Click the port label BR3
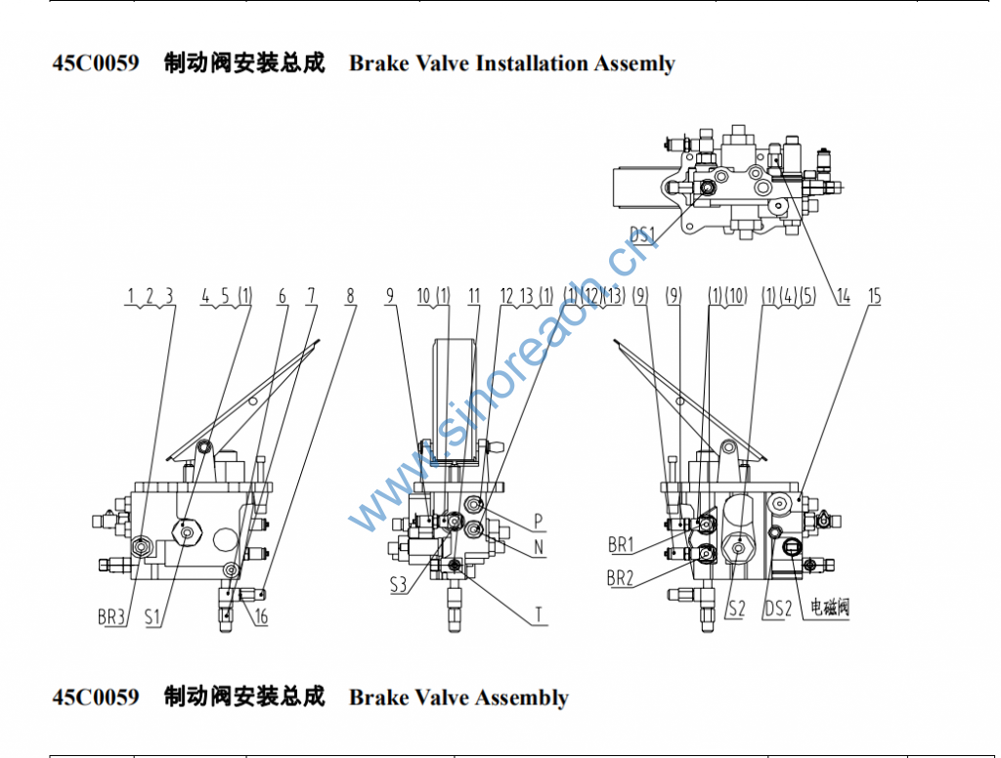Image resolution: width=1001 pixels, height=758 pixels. click(x=111, y=616)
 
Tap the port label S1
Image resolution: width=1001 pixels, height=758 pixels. click(x=153, y=616)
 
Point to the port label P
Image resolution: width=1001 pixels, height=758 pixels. click(x=538, y=520)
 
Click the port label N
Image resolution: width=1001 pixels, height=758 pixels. click(x=538, y=548)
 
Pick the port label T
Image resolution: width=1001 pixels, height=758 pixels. click(x=538, y=615)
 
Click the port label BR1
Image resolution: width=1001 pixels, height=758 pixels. click(x=621, y=544)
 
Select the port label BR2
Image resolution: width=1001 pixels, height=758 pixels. click(x=621, y=578)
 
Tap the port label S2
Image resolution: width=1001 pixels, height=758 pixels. click(x=736, y=610)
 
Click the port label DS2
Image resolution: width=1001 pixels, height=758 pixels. click(x=778, y=610)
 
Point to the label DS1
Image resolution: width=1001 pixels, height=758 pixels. click(x=642, y=234)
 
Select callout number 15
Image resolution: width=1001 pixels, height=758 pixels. click(x=874, y=296)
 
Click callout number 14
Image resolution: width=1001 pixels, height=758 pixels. click(x=842, y=296)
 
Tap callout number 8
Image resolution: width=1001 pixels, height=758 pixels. click(x=350, y=295)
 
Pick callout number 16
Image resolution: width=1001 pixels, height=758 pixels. click(x=261, y=616)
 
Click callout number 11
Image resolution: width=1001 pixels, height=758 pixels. click(x=474, y=295)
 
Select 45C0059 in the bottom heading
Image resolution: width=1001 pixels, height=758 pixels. click(x=96, y=696)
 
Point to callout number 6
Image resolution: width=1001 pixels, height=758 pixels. click(x=283, y=295)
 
